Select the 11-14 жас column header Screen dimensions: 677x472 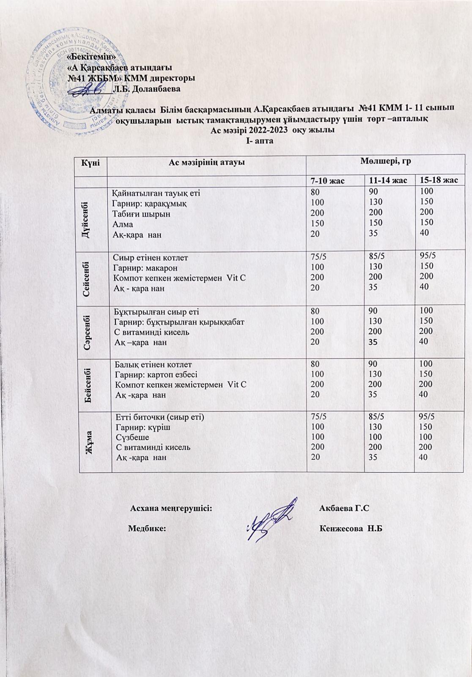(388, 181)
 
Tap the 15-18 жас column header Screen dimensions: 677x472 (438, 180)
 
